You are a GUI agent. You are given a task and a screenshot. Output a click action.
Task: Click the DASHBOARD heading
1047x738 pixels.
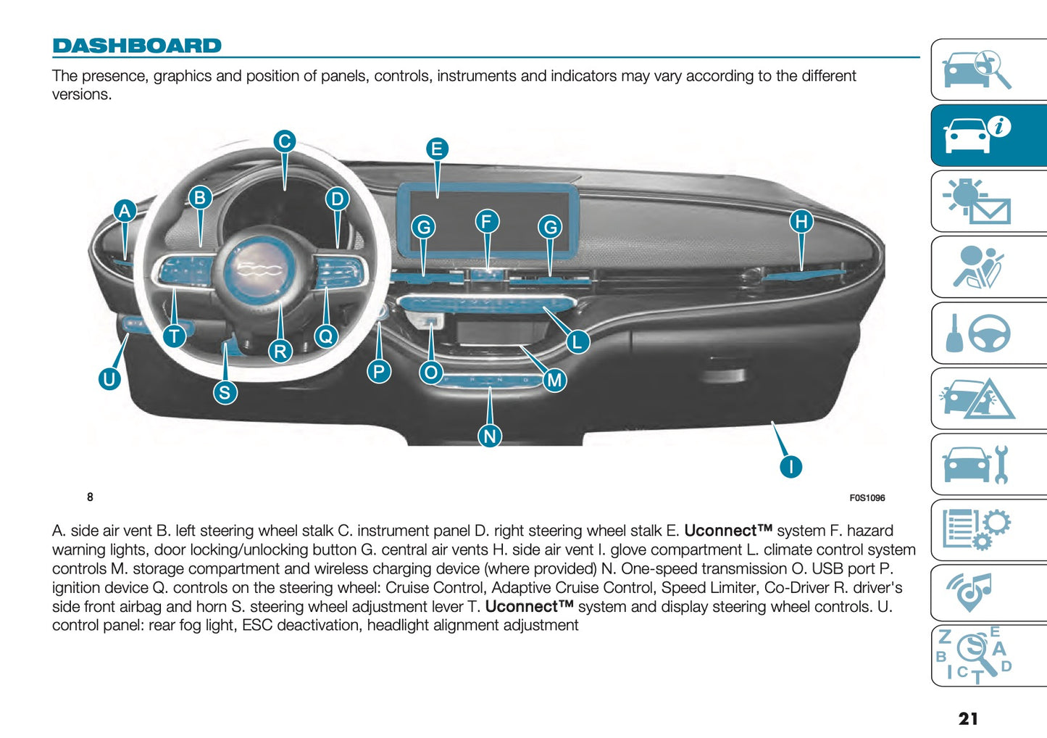[x=137, y=46]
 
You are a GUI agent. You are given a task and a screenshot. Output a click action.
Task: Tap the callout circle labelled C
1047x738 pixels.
[x=285, y=141]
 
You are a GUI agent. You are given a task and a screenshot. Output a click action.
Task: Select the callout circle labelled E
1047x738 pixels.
[x=437, y=149]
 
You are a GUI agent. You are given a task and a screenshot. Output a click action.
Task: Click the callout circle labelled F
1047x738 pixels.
[x=487, y=221]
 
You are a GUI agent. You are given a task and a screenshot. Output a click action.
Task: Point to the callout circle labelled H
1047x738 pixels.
[x=801, y=221]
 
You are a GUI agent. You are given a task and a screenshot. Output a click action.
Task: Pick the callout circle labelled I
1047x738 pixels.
[x=791, y=466]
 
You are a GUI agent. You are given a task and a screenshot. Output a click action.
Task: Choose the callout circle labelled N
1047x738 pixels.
[x=491, y=436]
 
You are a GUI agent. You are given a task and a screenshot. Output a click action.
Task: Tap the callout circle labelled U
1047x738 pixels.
[x=109, y=378]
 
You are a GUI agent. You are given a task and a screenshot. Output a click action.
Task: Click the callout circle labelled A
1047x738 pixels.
[x=125, y=211]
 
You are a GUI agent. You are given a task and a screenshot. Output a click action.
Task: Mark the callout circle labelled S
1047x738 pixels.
[x=225, y=392]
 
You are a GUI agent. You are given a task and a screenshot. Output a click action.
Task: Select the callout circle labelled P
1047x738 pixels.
[x=378, y=372]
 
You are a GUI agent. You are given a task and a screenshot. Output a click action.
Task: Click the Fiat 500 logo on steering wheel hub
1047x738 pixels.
[x=260, y=270]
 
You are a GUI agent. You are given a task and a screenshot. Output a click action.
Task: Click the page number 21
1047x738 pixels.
[x=968, y=718]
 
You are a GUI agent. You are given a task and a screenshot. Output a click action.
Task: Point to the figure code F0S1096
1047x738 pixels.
[x=867, y=498]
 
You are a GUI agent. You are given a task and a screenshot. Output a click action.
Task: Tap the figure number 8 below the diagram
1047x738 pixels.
[x=90, y=497]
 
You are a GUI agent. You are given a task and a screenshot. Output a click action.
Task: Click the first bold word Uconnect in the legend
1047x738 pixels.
[x=727, y=531]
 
